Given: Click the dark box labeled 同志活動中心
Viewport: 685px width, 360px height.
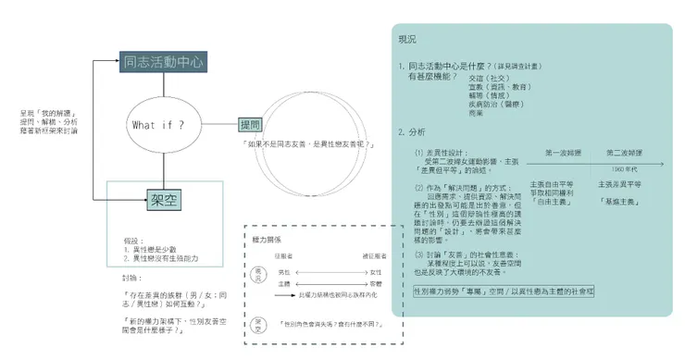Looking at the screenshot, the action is tap(163, 62).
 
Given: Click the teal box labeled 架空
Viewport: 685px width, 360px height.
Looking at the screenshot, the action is tap(164, 198).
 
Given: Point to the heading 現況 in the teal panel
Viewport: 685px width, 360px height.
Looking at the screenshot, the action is tap(407, 39).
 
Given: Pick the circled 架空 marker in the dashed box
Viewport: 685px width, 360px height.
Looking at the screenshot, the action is tap(258, 325).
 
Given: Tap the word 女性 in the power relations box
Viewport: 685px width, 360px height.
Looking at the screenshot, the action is tap(375, 271).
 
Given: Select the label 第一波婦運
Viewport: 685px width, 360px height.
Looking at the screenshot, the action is tap(564, 151).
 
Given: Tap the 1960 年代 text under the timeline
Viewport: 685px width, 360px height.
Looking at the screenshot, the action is tap(626, 169).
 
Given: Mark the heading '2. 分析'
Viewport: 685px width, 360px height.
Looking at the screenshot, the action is tap(413, 131).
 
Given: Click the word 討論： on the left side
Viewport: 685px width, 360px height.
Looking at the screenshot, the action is tap(132, 277).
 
